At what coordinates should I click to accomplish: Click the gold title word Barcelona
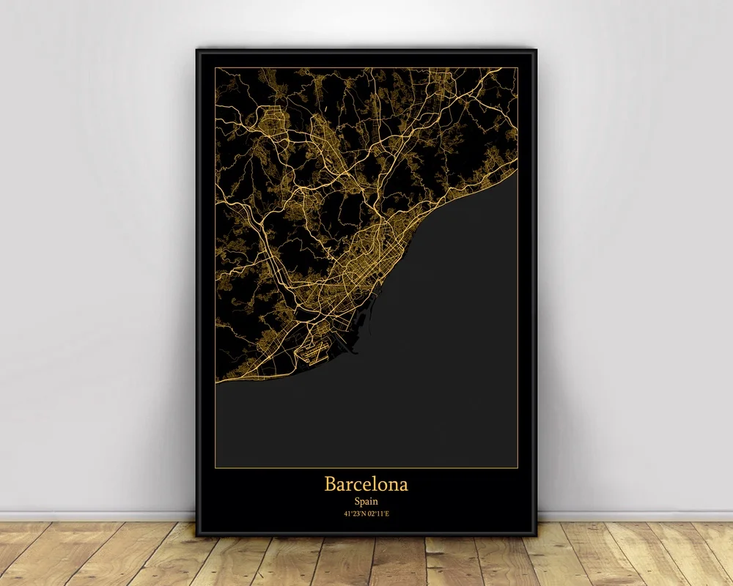(x=366, y=484)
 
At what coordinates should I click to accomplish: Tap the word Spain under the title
(x=366, y=501)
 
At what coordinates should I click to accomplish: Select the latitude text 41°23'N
(x=354, y=513)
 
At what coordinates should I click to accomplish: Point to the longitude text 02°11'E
(x=379, y=513)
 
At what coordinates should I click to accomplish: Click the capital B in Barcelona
(x=331, y=484)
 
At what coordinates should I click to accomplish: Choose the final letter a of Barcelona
(x=404, y=486)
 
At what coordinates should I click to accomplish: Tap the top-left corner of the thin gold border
(x=216, y=68)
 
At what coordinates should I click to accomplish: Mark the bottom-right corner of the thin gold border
(x=517, y=467)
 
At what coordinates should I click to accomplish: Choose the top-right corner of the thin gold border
(x=517, y=68)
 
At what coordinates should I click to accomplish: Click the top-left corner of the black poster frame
(x=197, y=50)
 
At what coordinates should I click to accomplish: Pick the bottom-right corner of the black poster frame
(x=536, y=535)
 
